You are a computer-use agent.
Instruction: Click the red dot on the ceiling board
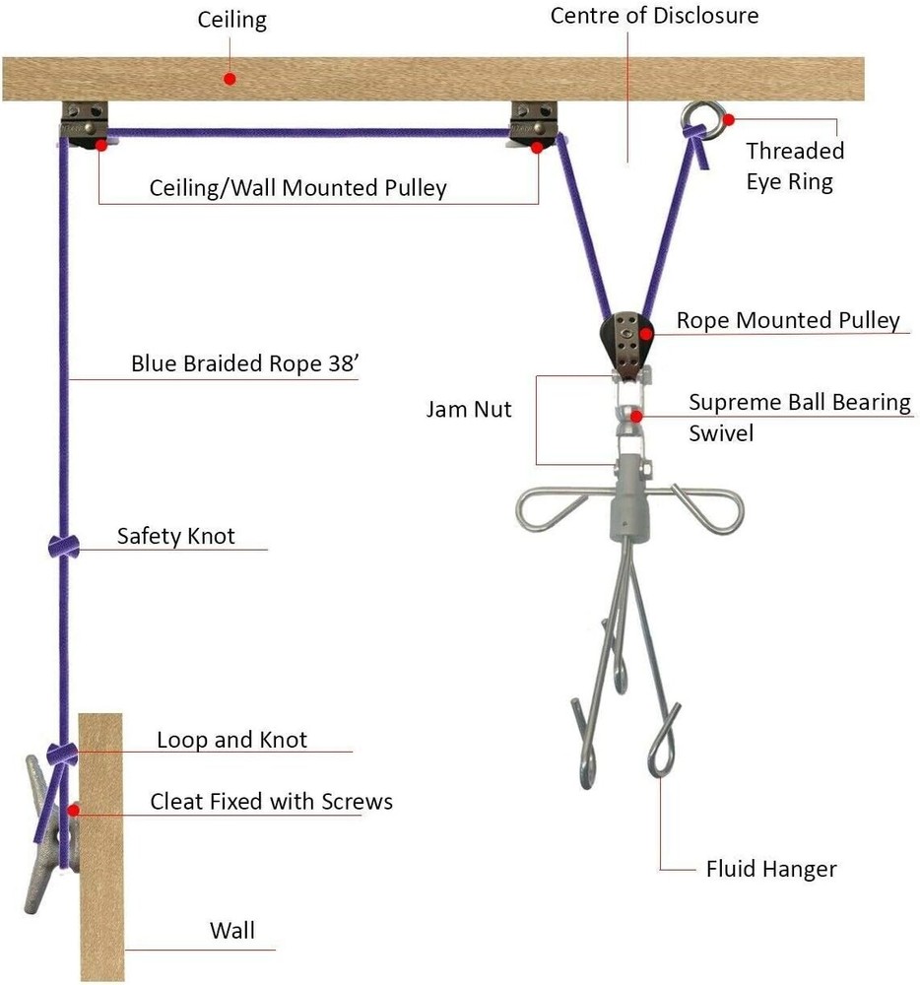[x=230, y=78]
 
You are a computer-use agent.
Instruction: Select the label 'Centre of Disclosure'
[x=654, y=16]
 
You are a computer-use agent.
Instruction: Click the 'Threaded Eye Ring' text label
[x=794, y=165]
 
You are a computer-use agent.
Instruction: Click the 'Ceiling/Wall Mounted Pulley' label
[x=297, y=187]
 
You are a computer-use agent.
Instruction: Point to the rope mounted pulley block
[x=624, y=339]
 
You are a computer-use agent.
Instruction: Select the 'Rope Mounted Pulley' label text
[x=788, y=321]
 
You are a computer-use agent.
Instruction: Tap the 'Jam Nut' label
[x=469, y=409]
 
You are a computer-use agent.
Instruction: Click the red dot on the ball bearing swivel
[x=637, y=415]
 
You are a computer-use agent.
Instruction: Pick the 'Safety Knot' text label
[x=176, y=536]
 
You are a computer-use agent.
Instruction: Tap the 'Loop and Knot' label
[x=231, y=739]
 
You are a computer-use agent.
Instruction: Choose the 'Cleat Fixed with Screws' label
[x=271, y=801]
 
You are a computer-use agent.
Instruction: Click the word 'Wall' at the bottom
[x=231, y=930]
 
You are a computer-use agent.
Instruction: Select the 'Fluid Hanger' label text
[x=771, y=869]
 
